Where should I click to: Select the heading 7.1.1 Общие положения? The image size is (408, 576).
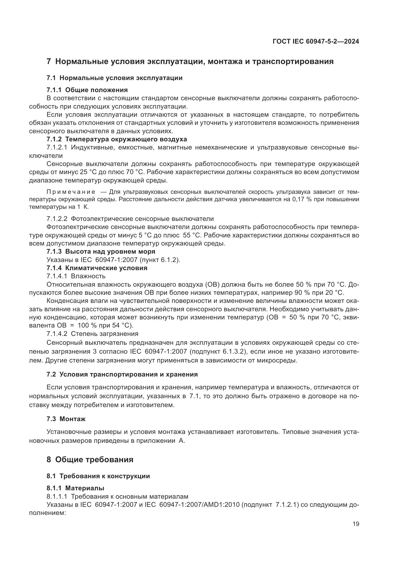tap(87, 90)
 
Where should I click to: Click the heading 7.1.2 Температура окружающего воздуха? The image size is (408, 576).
tap(117, 139)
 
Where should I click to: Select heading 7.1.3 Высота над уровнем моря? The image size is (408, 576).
tap(101, 251)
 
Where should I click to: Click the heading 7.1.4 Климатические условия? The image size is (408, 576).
tap(97, 268)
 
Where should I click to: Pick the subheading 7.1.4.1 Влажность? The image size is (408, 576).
tap(76, 276)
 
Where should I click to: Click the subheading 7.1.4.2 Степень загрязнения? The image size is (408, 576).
tap(92, 334)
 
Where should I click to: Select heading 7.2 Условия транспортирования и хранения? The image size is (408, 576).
tap(122, 374)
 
